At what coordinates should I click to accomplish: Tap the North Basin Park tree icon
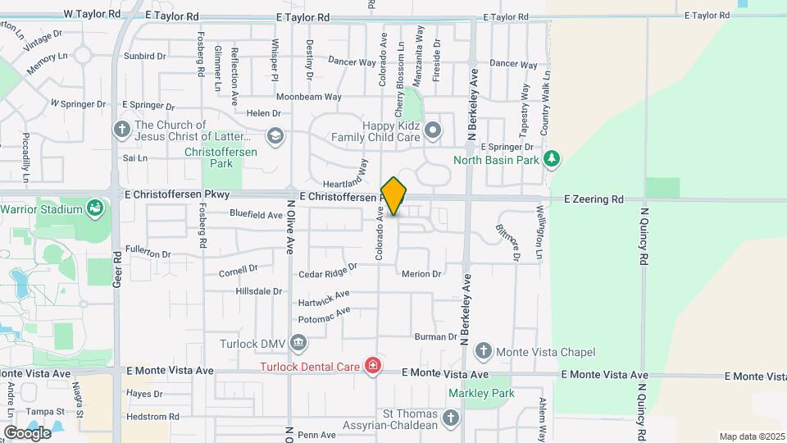coord(553,158)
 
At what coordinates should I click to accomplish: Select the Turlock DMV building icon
coord(298,342)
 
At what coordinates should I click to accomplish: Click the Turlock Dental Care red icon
coord(373,365)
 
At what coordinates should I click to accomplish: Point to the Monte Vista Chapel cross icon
coord(484,352)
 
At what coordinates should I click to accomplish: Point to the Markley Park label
coord(481,393)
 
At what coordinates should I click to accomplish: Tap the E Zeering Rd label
coord(594,199)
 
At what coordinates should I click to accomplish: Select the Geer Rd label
coord(116,269)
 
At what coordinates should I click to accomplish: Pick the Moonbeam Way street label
coord(308,97)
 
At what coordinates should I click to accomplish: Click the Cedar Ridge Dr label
coord(328,269)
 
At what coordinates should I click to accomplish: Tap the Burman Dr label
coord(434,337)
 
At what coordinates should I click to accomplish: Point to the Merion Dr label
coord(421,274)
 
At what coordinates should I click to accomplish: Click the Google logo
coord(28,432)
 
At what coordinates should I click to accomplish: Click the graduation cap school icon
coord(275,135)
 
